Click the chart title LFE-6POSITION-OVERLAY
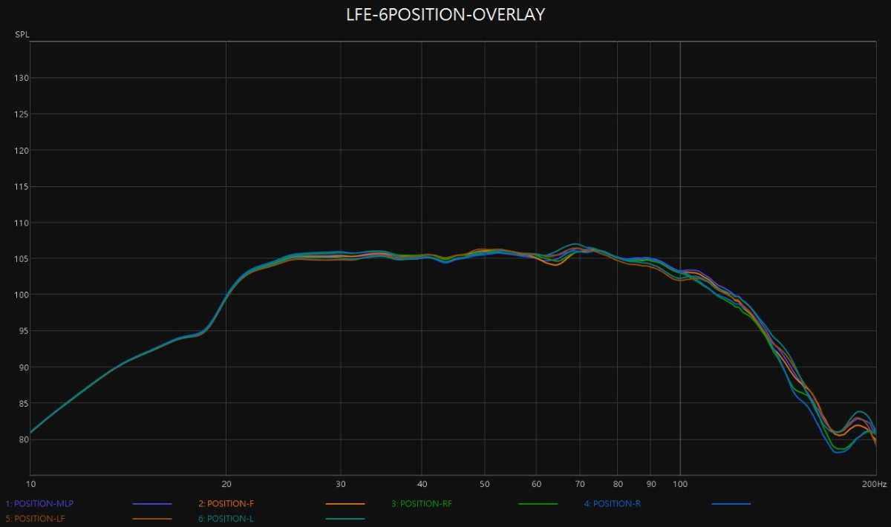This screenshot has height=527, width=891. [446, 14]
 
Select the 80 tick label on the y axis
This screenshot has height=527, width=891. [22, 439]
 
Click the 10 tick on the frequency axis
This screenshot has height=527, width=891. [30, 483]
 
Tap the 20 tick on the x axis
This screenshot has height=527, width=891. [226, 483]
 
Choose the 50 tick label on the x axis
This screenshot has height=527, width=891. [485, 483]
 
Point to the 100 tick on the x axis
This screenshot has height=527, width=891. [679, 483]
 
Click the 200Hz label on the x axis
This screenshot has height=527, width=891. [874, 483]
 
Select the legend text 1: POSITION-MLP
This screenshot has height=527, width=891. [39, 504]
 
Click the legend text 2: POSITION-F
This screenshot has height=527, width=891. [226, 504]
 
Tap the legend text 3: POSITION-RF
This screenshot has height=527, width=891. [422, 504]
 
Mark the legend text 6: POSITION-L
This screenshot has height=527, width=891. [226, 518]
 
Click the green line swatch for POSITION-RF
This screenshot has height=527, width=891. [538, 504]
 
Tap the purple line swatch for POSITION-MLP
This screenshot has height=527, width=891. [152, 504]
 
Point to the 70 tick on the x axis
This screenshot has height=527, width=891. [581, 483]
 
